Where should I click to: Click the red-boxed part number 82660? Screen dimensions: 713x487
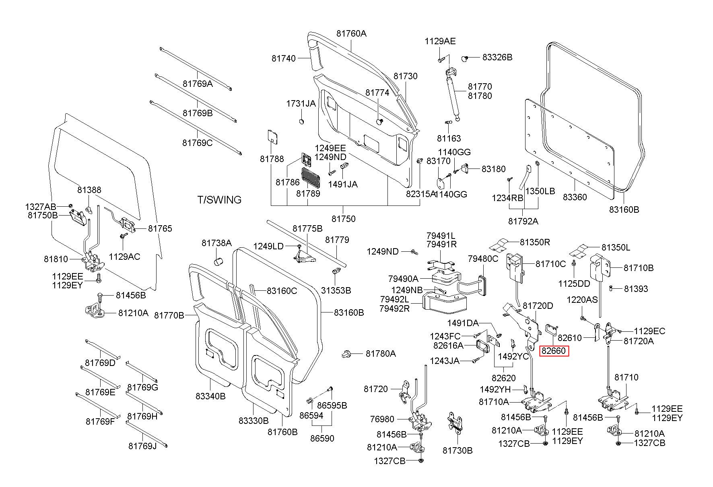coord(554,351)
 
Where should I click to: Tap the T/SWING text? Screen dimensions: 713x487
coord(219,200)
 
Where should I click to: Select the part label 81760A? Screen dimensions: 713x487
coord(351,34)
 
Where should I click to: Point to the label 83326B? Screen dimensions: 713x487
coord(497,58)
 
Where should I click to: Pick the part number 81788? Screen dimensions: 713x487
coord(272,159)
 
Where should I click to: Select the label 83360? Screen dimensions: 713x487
coord(575,197)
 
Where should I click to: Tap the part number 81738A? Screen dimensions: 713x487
coord(216,243)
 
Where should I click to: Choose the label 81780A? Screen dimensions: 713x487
coord(381,353)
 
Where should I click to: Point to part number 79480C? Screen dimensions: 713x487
coord(482,259)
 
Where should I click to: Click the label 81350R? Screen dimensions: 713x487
coord(535,242)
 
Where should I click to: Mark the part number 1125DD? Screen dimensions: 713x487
coord(574,284)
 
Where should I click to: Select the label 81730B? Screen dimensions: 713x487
coord(457,450)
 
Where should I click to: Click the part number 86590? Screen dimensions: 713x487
coord(322,438)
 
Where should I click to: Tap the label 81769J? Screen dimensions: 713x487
coord(142,446)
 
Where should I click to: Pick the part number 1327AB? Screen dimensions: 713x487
coord(41,207)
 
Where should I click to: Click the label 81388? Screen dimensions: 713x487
coord(89,190)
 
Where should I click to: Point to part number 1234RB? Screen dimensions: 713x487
coord(507,198)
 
